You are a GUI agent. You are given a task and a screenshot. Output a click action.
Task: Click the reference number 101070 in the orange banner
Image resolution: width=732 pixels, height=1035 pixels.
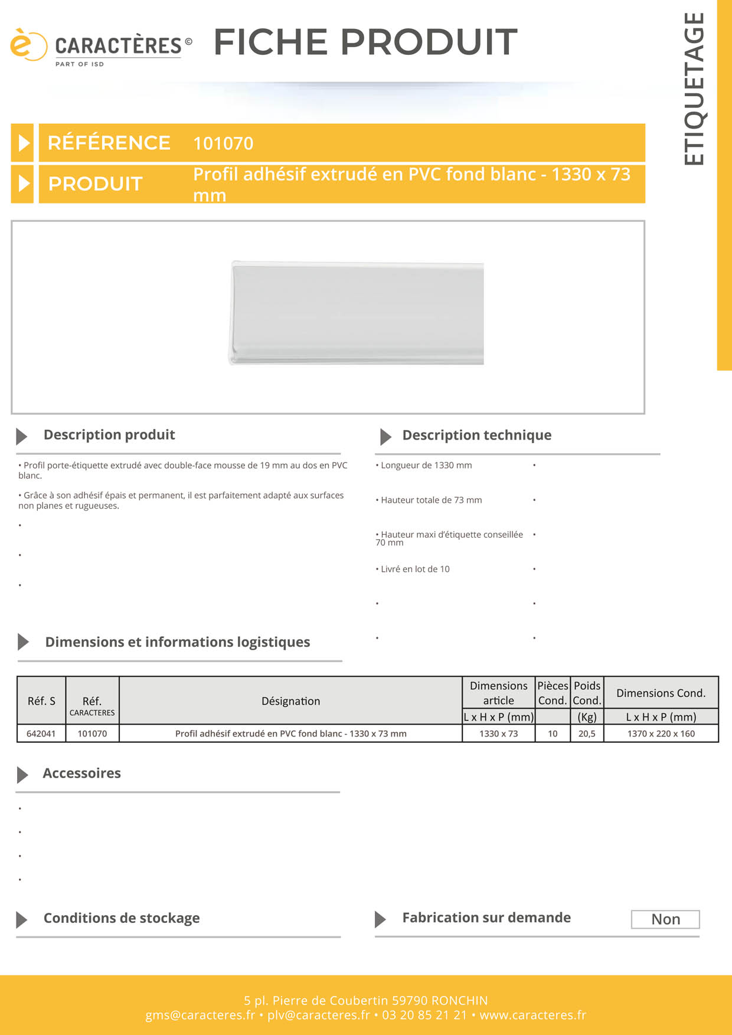[223, 143]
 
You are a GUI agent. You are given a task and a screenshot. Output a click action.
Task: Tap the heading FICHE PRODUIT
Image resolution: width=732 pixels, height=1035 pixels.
[365, 42]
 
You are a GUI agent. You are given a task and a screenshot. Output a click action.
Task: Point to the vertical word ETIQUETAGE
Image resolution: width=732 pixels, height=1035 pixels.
[694, 89]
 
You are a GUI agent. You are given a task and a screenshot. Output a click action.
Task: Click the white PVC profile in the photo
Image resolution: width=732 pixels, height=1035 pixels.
[357, 313]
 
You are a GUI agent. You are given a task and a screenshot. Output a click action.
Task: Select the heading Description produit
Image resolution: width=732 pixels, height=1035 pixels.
[109, 435]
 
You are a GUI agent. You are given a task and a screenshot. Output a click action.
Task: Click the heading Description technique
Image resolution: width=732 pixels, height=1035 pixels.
[476, 435]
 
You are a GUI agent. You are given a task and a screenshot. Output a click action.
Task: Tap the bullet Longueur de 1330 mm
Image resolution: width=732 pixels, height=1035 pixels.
[426, 466]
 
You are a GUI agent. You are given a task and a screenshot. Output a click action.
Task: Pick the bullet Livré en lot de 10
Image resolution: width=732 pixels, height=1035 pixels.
[414, 569]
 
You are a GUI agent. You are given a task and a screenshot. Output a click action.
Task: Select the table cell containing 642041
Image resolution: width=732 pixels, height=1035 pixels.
[41, 733]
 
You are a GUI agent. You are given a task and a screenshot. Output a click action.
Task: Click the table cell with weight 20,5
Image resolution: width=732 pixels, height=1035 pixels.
[587, 733]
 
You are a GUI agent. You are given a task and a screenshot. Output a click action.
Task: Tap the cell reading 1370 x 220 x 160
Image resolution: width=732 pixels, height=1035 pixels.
[661, 733]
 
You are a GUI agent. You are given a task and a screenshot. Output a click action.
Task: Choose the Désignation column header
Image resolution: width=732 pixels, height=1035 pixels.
[290, 701]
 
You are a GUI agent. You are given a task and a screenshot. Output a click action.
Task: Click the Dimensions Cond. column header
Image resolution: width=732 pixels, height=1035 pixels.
[661, 693]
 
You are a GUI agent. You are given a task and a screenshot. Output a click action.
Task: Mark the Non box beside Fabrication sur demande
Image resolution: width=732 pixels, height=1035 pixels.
[665, 919]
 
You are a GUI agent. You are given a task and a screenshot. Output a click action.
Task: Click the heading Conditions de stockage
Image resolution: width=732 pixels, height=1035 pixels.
[122, 918]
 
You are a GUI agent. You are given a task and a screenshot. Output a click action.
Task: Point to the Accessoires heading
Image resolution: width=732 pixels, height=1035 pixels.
[81, 774]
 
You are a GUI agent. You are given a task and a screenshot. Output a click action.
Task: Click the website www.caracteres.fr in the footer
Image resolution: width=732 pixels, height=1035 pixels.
[532, 1015]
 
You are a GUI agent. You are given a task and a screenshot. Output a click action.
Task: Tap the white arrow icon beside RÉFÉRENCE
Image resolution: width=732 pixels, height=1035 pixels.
[24, 143]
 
